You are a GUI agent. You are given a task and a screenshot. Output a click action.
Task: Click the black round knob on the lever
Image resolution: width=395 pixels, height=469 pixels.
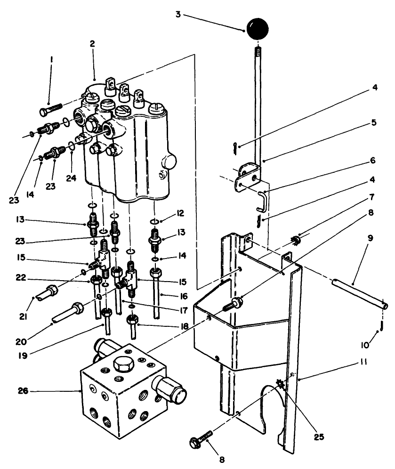coord(257,29)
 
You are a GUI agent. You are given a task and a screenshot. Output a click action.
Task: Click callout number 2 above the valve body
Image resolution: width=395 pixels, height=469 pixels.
coord(92,43)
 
